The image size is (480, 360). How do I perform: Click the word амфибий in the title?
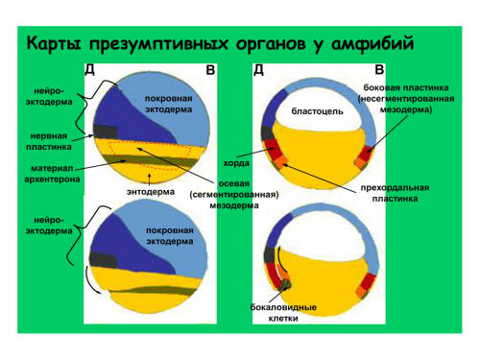[372, 44]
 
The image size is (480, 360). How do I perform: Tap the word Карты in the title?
[54, 43]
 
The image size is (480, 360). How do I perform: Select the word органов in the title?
[271, 45]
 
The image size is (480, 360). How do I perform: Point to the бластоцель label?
[317, 111]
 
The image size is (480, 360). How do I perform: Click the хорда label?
[236, 163]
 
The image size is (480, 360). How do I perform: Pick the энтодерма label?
[151, 192]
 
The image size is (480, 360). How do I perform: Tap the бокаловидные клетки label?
[283, 313]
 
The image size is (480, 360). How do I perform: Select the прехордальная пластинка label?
[395, 193]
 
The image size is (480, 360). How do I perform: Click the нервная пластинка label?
[49, 141]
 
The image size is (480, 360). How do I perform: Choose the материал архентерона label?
[52, 174]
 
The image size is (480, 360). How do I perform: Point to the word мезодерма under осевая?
[234, 205]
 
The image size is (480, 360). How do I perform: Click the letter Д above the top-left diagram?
[89, 69]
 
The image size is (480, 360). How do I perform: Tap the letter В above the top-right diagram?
[379, 69]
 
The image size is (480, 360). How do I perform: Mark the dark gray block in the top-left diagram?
[106, 132]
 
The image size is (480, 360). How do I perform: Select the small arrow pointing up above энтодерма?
[149, 180]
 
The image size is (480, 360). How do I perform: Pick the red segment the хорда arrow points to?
[271, 148]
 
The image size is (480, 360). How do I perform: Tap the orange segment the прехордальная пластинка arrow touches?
[281, 161]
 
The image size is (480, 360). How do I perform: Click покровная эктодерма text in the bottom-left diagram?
[170, 235]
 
